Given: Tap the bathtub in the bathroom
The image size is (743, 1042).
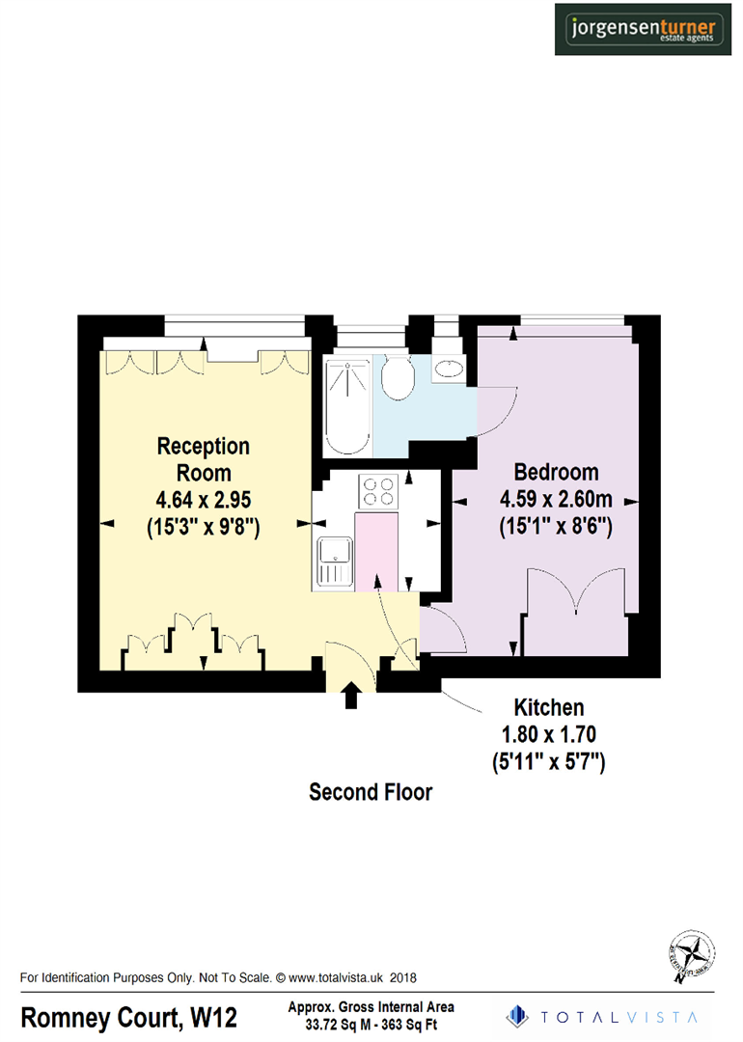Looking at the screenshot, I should click(347, 405).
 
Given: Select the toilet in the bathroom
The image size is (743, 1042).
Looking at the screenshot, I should click(398, 378).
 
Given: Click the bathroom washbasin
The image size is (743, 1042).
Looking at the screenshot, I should click(449, 369).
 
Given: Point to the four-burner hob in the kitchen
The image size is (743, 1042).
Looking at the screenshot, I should click(377, 491).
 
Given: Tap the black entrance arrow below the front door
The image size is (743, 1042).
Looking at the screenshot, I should click(350, 695).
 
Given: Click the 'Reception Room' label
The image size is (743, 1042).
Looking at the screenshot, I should click(204, 459).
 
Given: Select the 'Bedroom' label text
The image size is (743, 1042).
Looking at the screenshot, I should click(556, 473).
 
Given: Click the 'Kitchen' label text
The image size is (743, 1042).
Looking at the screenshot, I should click(548, 708).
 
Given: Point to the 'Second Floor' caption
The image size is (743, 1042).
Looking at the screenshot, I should click(371, 793).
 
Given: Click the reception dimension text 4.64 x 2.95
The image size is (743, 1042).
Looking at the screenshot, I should click(204, 501).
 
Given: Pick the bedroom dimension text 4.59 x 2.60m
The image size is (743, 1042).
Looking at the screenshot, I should click(556, 501).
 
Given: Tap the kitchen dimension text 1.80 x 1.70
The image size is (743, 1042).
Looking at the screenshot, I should click(548, 735).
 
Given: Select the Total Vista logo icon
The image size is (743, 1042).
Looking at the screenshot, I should click(519, 1015).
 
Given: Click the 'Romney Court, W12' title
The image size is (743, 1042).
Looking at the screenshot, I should click(129, 1018).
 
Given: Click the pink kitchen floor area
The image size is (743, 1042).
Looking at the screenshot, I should click(377, 550).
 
